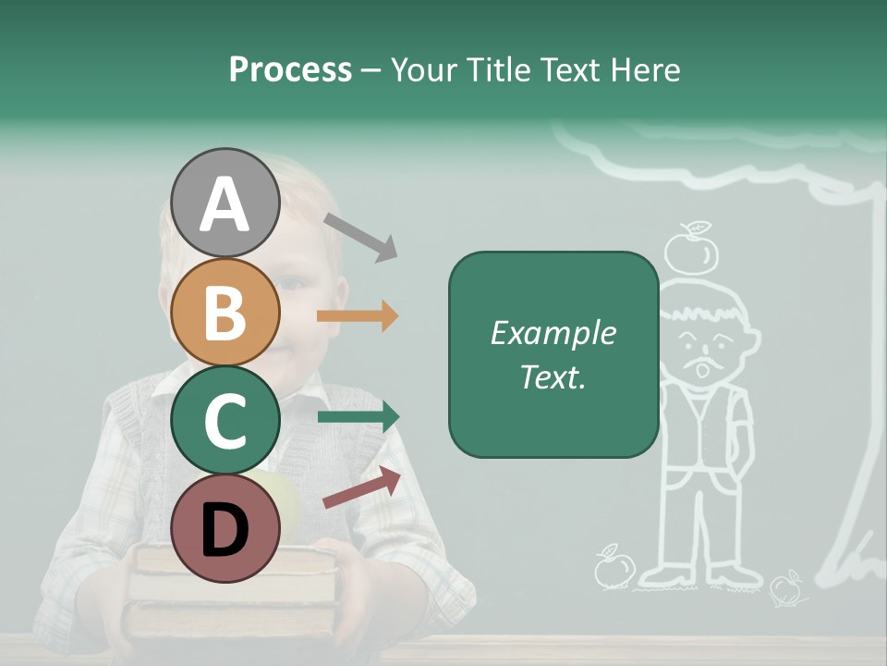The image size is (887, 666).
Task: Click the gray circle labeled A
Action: tap(225, 203)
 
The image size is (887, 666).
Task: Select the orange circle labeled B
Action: tap(225, 313)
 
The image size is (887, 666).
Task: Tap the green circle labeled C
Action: tap(225, 421)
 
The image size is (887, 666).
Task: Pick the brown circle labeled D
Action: tap(225, 529)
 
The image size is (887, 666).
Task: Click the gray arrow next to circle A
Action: tap(360, 236)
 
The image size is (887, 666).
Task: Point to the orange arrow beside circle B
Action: tap(358, 316)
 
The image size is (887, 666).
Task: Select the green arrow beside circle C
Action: tap(358, 417)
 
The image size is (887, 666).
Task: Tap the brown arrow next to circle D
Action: tap(362, 487)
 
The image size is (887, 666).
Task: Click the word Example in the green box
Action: tap(553, 333)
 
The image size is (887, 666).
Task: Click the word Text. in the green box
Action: tap(553, 376)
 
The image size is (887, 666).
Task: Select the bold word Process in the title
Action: tap(290, 69)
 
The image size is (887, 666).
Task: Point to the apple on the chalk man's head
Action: tap(692, 250)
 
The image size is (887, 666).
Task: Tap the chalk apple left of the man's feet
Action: tap(613, 567)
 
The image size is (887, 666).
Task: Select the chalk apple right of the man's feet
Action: tap(786, 586)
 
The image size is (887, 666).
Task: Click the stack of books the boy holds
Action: tap(231, 592)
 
